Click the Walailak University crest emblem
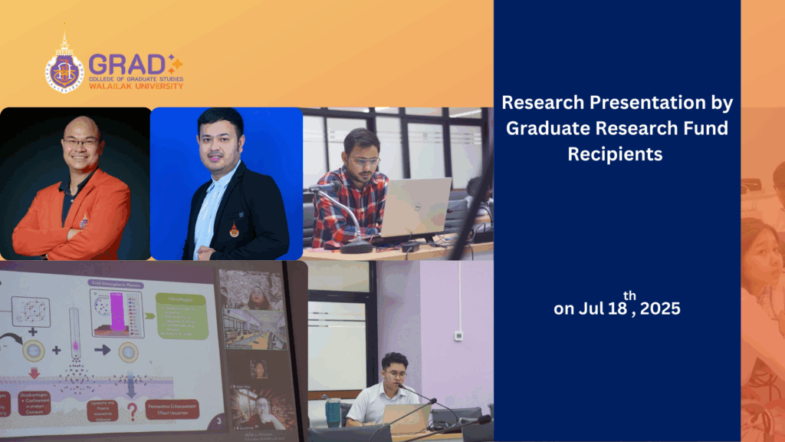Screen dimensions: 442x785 point(64,67)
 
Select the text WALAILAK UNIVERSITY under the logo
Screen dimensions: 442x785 point(136,86)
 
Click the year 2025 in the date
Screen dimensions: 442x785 point(660,309)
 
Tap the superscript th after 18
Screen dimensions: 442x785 point(629,295)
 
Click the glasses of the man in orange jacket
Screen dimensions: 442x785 point(81,143)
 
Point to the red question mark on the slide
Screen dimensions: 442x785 point(133,411)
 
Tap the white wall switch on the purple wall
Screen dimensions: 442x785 point(458,335)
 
